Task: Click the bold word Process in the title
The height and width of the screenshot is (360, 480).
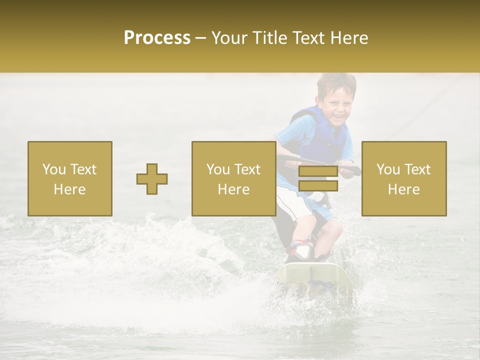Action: [157, 38]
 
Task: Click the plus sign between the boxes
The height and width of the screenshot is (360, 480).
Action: [152, 179]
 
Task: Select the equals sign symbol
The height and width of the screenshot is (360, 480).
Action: [318, 178]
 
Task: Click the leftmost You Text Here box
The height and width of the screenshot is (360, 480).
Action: [70, 178]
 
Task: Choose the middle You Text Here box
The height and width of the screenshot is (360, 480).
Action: [234, 178]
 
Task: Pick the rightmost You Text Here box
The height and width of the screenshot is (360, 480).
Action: [404, 178]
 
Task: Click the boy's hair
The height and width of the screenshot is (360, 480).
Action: [336, 83]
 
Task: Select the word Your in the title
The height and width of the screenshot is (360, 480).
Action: [227, 38]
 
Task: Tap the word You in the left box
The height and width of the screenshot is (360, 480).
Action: [53, 169]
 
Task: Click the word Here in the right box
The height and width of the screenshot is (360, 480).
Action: [404, 189]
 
